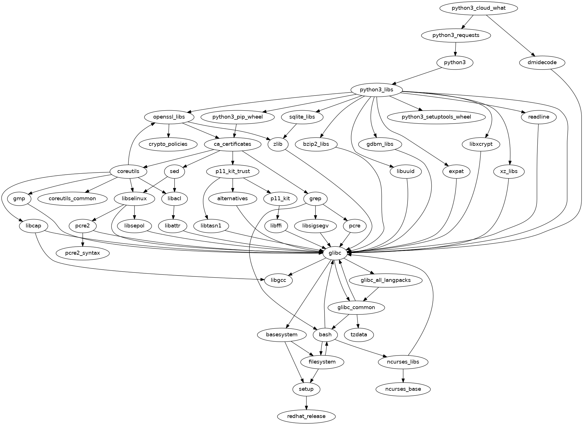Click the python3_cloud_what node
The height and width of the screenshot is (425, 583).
(478, 8)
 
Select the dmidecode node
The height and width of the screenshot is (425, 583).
(542, 62)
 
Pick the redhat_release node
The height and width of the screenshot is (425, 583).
(306, 416)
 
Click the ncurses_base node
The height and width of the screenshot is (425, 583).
(403, 389)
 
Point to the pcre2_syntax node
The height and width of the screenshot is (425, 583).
(82, 253)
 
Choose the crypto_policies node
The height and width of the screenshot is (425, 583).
(168, 144)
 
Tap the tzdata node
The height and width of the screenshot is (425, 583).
(359, 335)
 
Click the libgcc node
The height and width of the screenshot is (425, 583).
(278, 280)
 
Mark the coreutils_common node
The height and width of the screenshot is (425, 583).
(72, 198)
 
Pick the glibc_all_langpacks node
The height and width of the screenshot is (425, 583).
(386, 280)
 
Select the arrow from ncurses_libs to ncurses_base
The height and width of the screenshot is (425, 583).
(403, 375)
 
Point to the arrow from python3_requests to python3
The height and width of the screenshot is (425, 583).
(455, 49)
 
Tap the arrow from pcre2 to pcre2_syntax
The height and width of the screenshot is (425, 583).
(82, 240)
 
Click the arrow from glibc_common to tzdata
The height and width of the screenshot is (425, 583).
(358, 321)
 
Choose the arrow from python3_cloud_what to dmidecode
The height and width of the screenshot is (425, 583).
(510, 35)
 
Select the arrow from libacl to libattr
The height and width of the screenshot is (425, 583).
(173, 212)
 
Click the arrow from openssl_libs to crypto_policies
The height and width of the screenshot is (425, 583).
(169, 130)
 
